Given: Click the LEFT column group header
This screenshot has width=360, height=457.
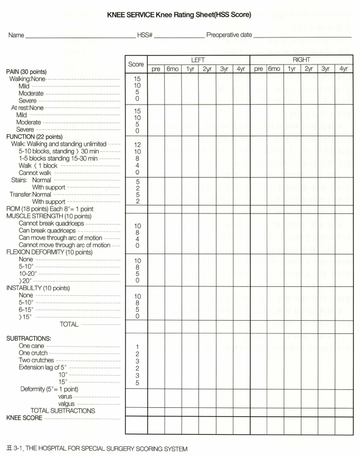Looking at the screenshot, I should (x=198, y=61).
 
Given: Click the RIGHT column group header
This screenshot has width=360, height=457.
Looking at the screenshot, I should (x=301, y=61).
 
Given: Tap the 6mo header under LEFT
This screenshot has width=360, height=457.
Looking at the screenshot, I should (x=173, y=69).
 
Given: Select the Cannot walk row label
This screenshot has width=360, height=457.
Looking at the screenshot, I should (x=37, y=172).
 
